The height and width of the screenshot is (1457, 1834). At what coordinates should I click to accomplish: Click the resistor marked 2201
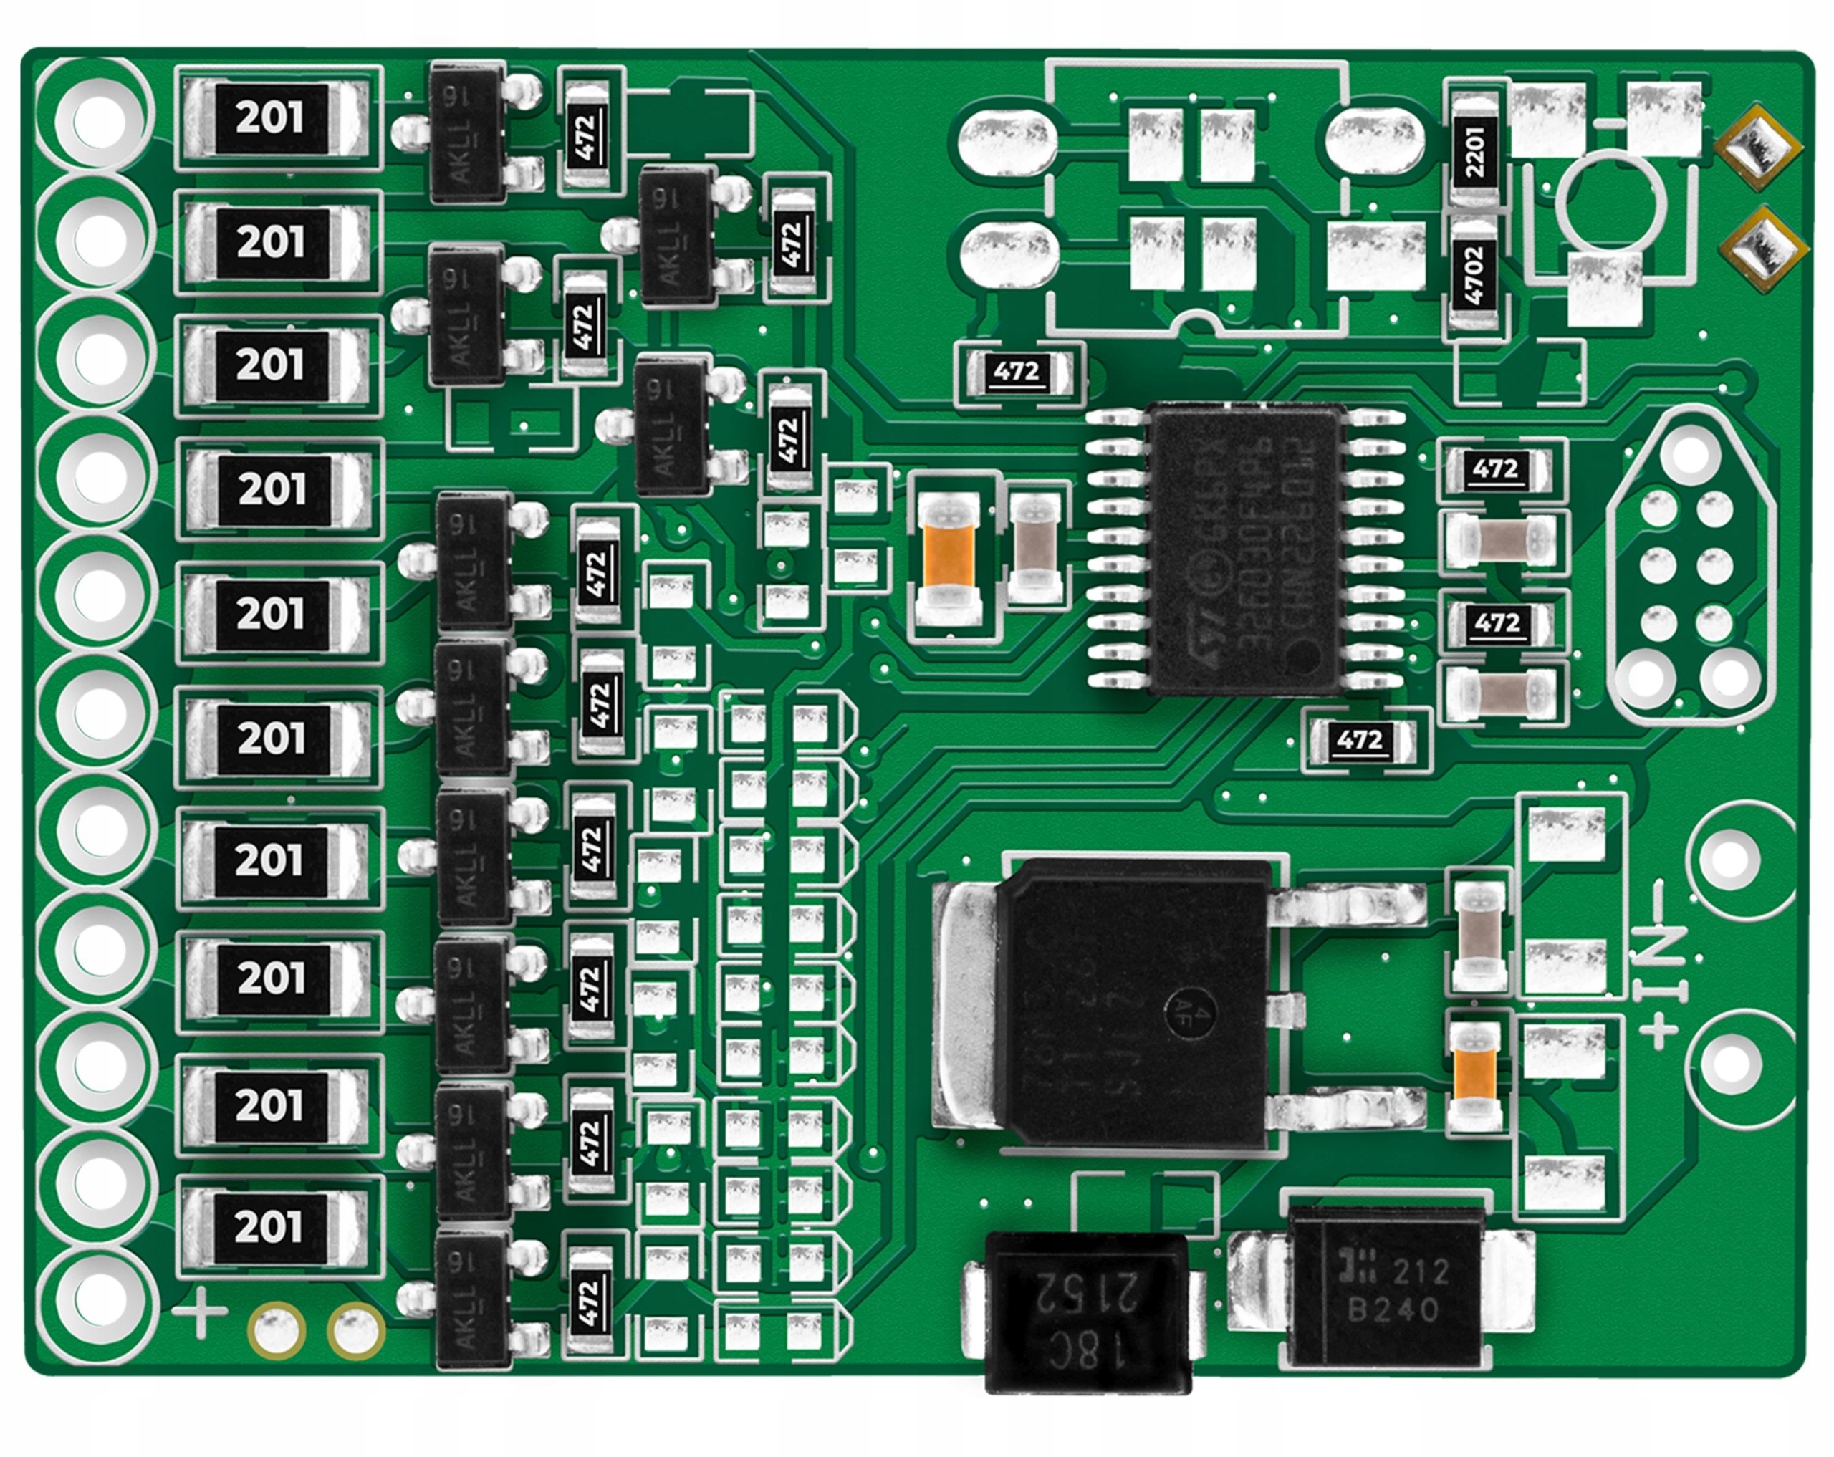coord(1474,151)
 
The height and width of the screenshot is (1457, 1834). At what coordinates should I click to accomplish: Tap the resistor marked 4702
coord(1474,273)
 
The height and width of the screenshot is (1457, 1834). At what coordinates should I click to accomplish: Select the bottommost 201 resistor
coord(269,1226)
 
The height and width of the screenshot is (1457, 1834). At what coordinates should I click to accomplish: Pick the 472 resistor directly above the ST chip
coord(1017,372)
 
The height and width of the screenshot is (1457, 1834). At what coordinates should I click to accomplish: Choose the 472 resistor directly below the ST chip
coord(1359,740)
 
